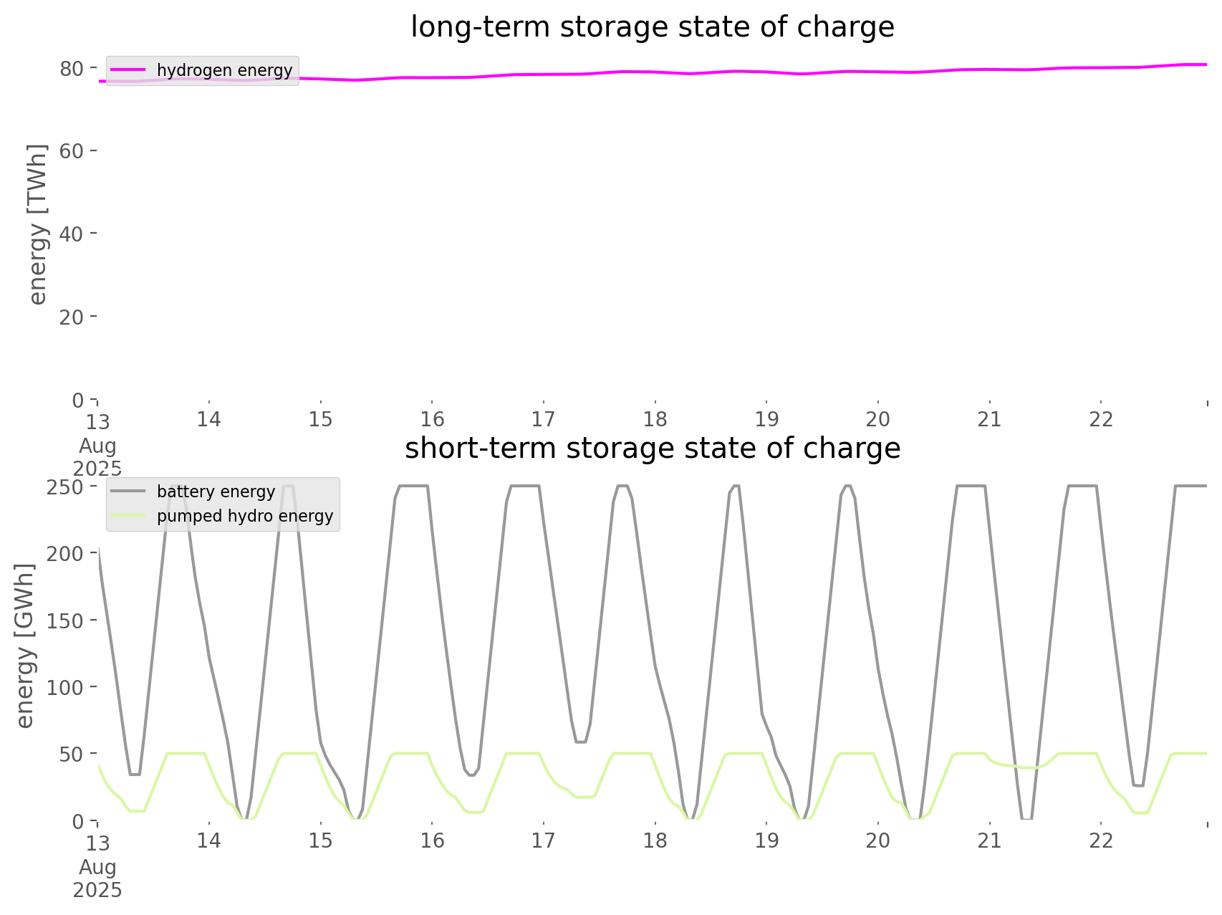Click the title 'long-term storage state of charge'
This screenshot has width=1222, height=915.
[652, 27]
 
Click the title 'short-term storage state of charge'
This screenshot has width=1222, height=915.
[652, 449]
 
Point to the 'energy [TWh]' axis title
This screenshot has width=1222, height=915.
[37, 224]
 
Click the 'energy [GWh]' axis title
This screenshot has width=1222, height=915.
[24, 646]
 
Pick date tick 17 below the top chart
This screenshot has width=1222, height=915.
[544, 419]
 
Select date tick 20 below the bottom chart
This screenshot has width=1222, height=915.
[878, 840]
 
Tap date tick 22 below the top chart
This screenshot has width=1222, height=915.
[1101, 419]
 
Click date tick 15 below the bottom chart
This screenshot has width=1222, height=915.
[321, 840]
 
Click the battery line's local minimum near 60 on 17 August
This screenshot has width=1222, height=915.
[581, 742]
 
